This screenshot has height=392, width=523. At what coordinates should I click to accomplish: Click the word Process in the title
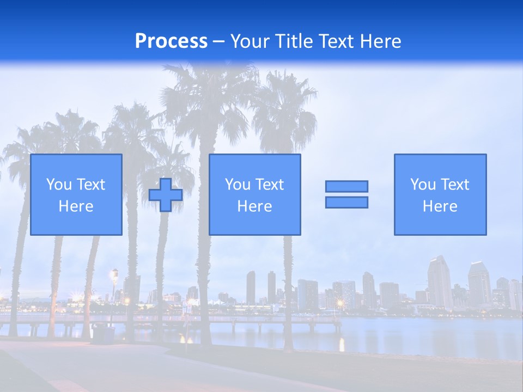(x=171, y=41)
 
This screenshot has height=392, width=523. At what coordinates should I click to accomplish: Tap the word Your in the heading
(x=251, y=41)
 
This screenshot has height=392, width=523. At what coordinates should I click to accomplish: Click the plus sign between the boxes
(x=166, y=195)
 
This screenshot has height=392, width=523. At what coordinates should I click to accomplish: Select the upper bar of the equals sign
(x=346, y=186)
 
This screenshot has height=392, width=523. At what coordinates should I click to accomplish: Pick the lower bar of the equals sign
(x=346, y=202)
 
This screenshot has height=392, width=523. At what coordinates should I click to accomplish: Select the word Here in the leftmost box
(x=76, y=206)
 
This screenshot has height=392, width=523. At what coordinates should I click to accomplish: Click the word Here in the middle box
(x=254, y=206)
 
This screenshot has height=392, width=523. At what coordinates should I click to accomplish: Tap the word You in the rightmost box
(x=423, y=185)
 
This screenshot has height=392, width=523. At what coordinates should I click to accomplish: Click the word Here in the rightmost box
(x=440, y=206)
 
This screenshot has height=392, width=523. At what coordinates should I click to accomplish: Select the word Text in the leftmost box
(x=90, y=185)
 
